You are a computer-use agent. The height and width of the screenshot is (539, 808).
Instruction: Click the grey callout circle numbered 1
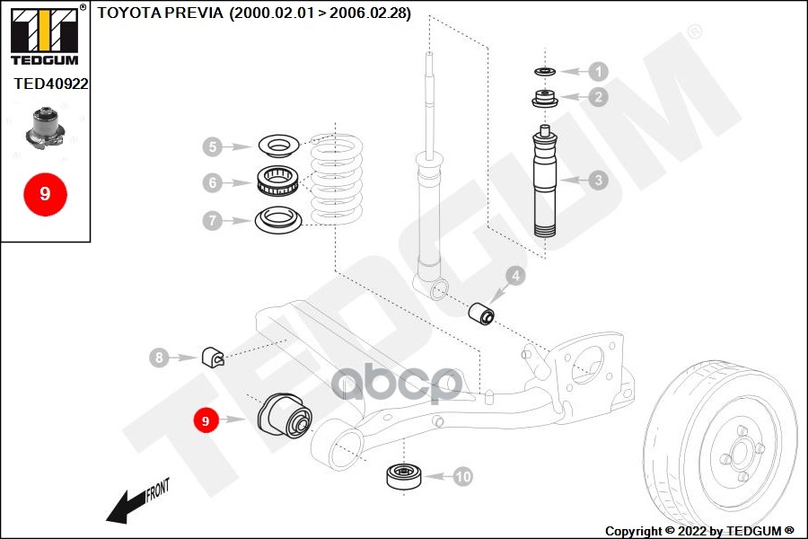[598, 72]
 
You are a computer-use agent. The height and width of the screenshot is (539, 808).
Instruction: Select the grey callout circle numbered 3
[598, 180]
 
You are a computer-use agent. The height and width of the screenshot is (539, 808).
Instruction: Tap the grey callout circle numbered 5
[213, 147]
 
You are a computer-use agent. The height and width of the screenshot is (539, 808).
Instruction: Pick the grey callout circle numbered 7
[213, 221]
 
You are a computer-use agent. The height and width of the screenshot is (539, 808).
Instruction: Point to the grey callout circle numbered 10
[462, 476]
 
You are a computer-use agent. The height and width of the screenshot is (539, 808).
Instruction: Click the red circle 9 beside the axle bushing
[206, 421]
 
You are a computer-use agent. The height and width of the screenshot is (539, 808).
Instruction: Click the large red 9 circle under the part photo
[46, 194]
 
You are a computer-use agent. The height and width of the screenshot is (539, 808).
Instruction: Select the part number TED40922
[51, 84]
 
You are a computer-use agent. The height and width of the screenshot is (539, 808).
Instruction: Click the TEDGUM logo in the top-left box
[45, 35]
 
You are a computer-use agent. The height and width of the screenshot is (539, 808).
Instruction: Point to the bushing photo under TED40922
[46, 127]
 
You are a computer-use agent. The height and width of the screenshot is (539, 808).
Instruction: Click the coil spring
[337, 180]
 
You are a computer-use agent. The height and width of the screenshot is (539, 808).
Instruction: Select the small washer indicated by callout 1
[545, 71]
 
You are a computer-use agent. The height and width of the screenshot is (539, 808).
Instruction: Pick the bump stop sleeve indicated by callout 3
[545, 181]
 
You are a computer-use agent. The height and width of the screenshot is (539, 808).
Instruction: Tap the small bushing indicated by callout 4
[481, 314]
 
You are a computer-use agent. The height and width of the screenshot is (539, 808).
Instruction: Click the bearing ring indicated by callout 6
[277, 181]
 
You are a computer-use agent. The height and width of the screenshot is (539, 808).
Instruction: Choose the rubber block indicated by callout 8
[212, 357]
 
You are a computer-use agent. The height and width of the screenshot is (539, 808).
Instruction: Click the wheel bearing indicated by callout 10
[404, 475]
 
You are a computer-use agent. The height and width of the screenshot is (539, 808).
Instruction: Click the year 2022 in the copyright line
[692, 531]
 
